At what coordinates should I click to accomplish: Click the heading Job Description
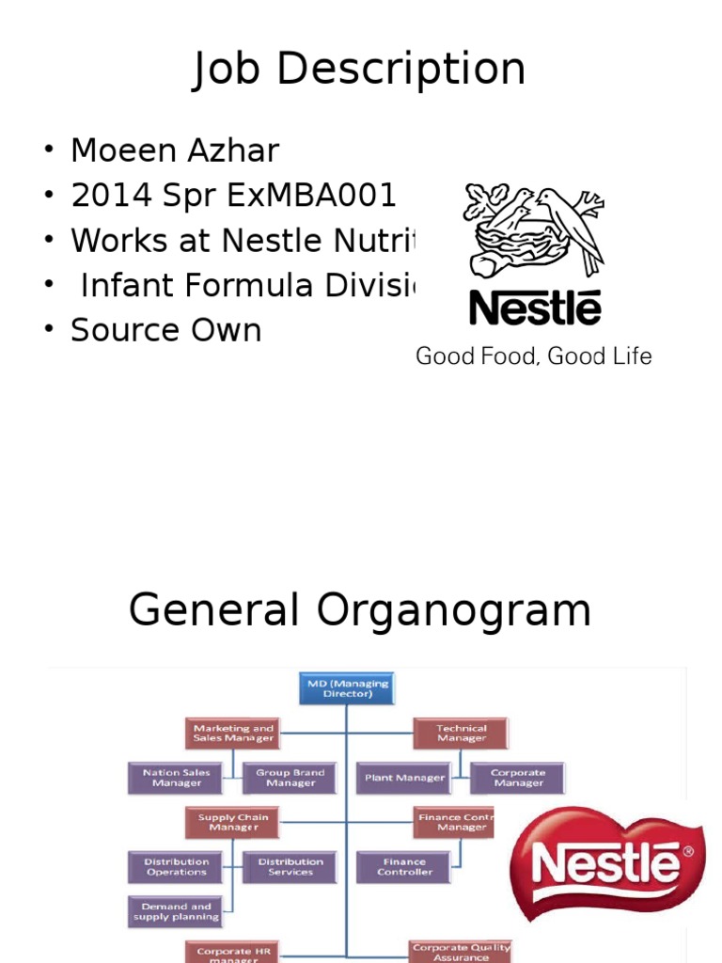point(359,70)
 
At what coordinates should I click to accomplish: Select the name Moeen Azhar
point(175,150)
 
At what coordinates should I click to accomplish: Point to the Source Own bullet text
point(165,330)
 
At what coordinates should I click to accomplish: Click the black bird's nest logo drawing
point(533,229)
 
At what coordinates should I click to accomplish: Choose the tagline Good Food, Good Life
point(534,356)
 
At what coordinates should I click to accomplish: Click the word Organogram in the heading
point(454,610)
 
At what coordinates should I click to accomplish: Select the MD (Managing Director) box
point(347,688)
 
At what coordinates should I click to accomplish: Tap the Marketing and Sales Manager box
point(233,733)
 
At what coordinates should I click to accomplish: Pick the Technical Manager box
point(461,733)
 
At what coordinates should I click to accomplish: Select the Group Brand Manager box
point(290,778)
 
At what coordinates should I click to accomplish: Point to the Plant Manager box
point(405,778)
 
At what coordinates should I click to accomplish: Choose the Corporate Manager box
point(518,778)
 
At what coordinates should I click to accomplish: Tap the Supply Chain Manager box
point(233,822)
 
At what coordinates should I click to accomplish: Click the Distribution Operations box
point(177,866)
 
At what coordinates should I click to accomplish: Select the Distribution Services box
point(290,866)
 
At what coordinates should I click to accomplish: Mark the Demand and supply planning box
point(177,910)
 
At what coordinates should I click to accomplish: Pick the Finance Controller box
point(405,866)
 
